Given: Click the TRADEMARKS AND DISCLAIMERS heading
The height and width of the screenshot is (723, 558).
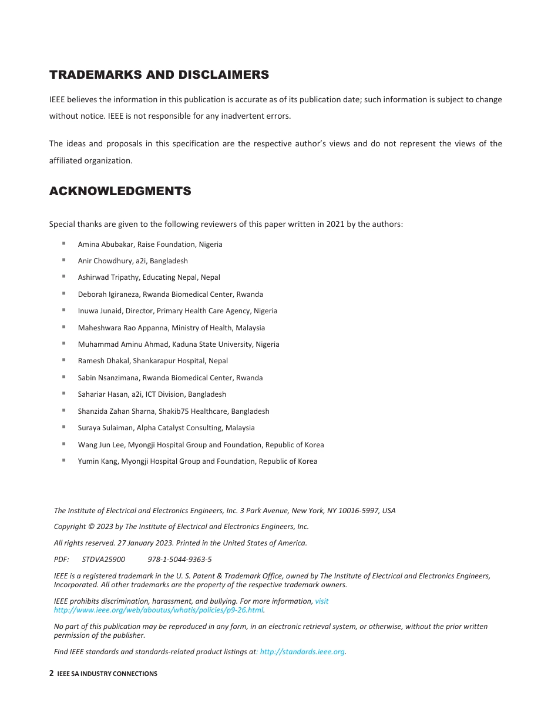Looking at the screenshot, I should [159, 75].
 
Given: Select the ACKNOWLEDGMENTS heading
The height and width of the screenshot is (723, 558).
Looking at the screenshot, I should [120, 191].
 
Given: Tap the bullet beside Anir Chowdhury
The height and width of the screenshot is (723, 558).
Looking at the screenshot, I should [63, 259].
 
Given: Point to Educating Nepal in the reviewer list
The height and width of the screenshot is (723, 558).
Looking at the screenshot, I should [169, 277].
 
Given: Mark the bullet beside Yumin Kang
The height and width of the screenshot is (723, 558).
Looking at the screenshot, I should [63, 460].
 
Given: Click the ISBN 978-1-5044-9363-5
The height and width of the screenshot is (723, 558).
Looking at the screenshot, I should [180, 560].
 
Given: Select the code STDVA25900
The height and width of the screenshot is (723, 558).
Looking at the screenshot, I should [103, 560].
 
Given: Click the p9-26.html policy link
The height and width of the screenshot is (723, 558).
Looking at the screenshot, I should [159, 610].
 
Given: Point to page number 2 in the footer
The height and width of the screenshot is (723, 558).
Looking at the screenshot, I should [52, 674].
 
